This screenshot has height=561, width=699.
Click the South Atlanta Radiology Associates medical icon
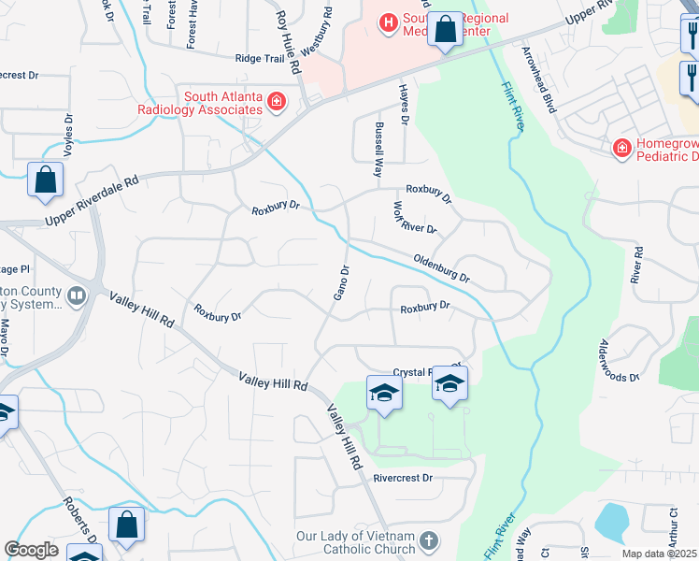click(x=276, y=103)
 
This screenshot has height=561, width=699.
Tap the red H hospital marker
click(x=387, y=21)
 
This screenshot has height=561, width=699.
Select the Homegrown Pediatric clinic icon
click(x=621, y=148)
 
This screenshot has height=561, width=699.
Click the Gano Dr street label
click(x=343, y=282)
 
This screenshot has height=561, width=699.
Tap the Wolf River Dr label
click(x=414, y=218)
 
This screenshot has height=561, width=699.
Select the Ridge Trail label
click(x=259, y=58)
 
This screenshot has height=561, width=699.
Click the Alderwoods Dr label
click(x=618, y=360)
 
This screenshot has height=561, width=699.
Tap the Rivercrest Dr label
click(x=404, y=478)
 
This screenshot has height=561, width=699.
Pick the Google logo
click(x=31, y=550)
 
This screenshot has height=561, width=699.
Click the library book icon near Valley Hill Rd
click(x=77, y=296)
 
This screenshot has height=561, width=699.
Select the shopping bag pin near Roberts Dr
click(x=126, y=525)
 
